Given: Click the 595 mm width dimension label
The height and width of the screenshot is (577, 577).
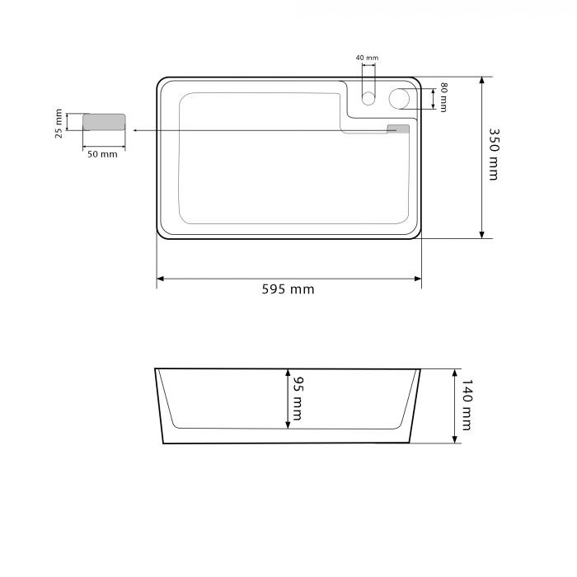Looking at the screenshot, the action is click(288, 289).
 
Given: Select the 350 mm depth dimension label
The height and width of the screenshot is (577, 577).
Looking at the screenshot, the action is click(494, 155).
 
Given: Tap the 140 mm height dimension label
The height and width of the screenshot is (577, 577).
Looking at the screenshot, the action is click(467, 406).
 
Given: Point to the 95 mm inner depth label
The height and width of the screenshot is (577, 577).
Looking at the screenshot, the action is click(297, 398).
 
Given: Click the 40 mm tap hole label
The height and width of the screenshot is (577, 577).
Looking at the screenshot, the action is click(367, 58).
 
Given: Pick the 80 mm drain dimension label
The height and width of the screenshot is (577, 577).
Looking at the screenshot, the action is click(443, 97).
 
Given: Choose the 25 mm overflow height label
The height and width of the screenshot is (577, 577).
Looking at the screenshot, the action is click(59, 124).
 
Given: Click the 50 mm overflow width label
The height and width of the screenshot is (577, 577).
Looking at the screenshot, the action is click(102, 154).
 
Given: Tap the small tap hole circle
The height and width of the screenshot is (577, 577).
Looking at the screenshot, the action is click(368, 99).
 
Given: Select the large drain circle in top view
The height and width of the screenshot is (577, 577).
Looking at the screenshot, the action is click(399, 99).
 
